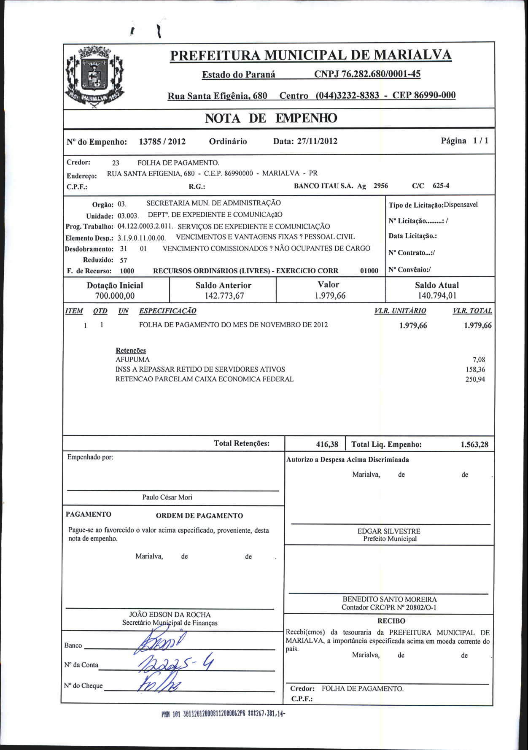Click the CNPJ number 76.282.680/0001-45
point(367,74)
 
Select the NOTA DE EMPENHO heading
point(271,119)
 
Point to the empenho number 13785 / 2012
point(162,142)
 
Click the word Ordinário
point(228,141)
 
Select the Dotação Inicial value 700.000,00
point(115,296)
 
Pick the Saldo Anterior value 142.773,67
point(224,296)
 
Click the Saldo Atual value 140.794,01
point(437,296)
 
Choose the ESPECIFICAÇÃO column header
point(167,311)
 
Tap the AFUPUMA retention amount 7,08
point(479,360)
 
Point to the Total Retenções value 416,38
point(327,444)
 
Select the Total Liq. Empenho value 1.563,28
point(474,444)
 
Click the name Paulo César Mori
point(167,497)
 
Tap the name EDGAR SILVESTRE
point(389,531)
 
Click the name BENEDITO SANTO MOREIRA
point(389,599)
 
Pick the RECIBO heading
point(391,621)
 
